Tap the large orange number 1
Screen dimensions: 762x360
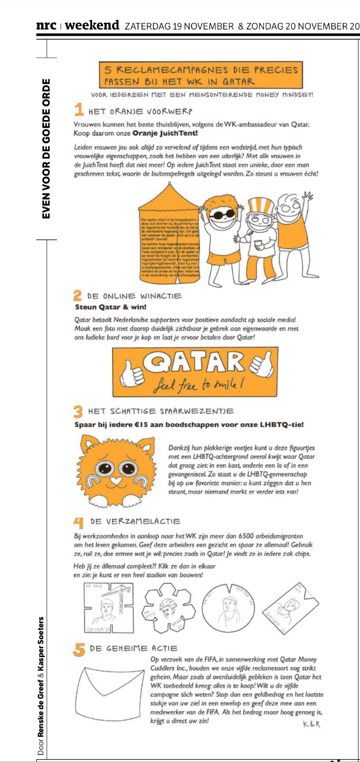tap(79, 109)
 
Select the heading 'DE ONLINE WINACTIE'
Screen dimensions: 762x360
tap(135, 296)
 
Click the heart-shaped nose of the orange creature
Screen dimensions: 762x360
tap(114, 480)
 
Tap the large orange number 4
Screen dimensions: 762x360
tap(79, 523)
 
